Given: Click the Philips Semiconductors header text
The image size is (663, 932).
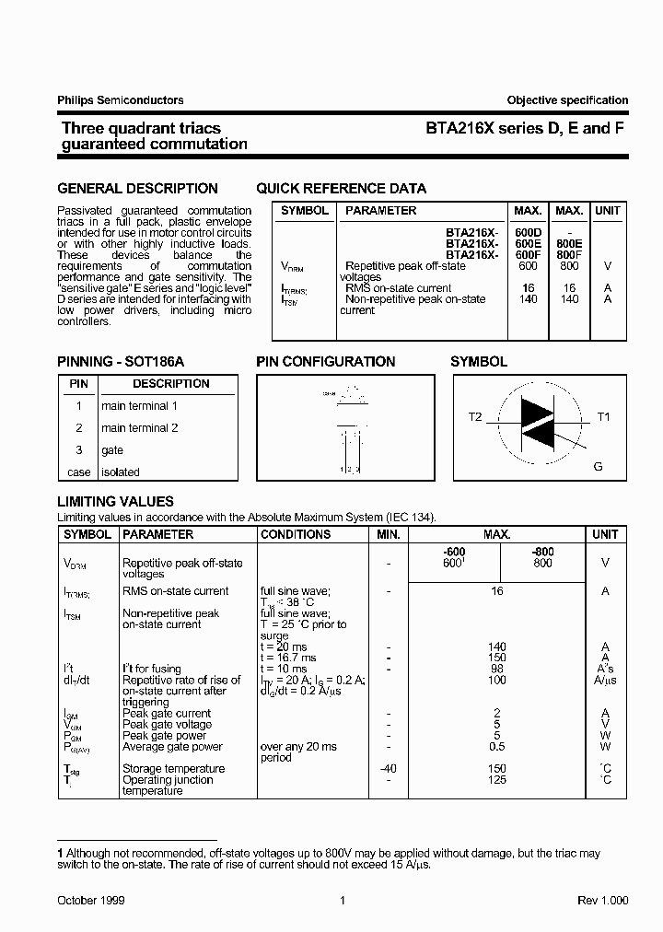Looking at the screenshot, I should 121,100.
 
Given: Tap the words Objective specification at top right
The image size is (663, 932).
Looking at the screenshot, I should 567,100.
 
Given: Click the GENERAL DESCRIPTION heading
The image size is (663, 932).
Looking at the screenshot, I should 138,189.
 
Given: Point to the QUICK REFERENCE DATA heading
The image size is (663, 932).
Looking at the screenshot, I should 341,189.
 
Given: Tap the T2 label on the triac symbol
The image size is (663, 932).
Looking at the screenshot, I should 475,417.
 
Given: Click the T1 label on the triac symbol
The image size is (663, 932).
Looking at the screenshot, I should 604,417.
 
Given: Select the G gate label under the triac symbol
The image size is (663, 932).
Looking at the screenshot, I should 598,467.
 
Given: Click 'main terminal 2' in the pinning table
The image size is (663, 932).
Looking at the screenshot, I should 140,428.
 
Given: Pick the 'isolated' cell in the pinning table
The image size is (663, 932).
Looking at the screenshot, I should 121,472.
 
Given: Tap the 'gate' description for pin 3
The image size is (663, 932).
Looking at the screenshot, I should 112,450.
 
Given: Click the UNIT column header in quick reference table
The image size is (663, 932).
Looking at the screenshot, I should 608,211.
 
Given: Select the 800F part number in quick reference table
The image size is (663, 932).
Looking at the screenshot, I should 569,254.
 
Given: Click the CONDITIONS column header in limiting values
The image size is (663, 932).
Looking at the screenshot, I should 296,534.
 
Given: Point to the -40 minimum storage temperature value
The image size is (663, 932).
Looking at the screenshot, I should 389,769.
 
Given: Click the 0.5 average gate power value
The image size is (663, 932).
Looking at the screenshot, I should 497,747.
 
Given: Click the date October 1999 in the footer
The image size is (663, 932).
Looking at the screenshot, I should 91,901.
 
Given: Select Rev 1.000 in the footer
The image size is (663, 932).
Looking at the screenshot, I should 603,901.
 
